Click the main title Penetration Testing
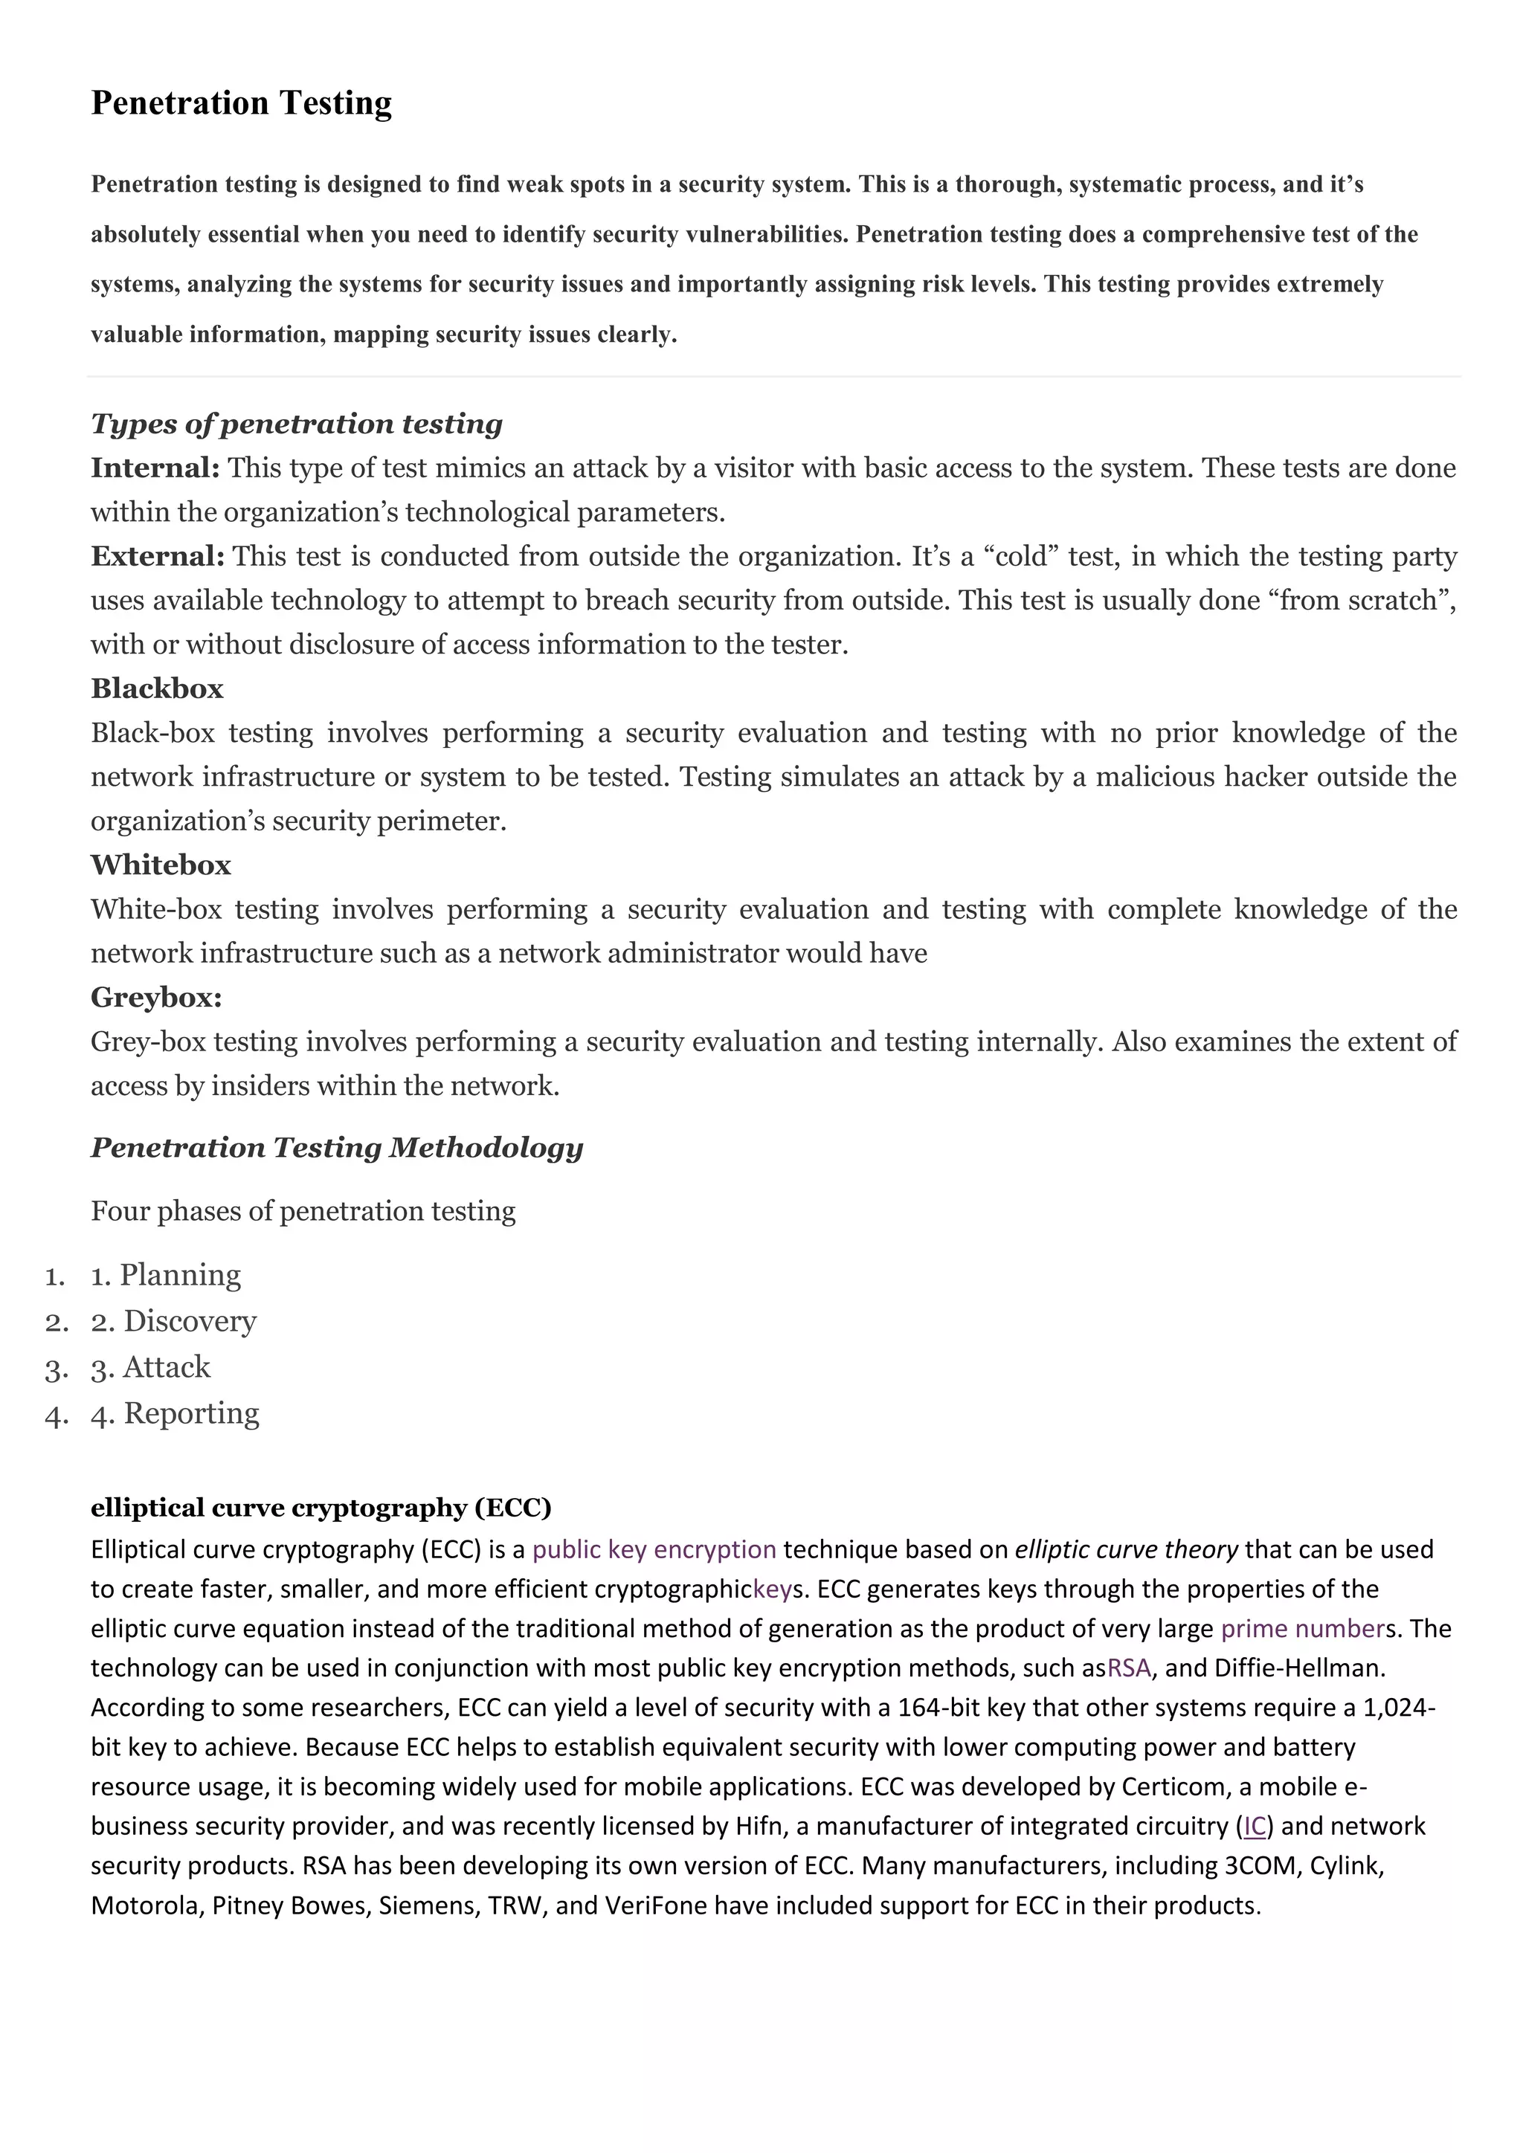(x=241, y=102)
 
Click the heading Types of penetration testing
(x=297, y=424)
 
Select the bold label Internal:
(x=155, y=468)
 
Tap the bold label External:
(x=158, y=556)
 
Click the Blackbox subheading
(x=157, y=688)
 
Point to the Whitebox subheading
(x=161, y=865)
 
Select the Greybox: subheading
(x=155, y=997)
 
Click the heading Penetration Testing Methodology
(x=337, y=1147)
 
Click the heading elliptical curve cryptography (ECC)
(x=321, y=1508)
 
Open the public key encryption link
(x=654, y=1549)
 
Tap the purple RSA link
(x=1128, y=1668)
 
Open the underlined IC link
(x=1254, y=1826)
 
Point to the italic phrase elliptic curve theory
(x=1125, y=1549)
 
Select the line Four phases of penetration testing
(x=303, y=1212)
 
